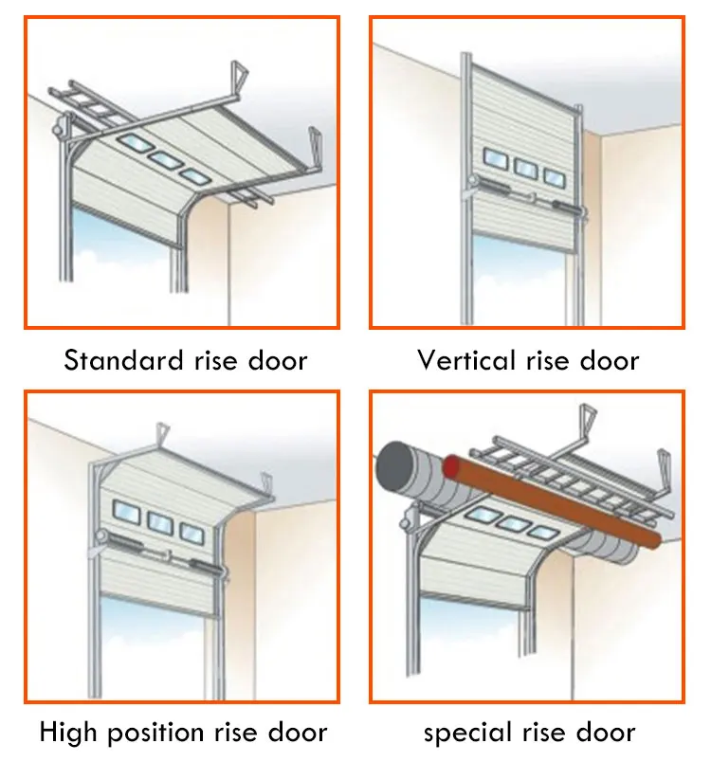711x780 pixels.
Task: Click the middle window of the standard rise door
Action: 167,161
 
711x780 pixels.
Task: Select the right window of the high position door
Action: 191,531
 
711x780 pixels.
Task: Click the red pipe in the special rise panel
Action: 550,502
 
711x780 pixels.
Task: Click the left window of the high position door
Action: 124,512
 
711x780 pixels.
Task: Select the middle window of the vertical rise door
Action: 525,168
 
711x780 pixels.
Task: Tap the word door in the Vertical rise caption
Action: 611,361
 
